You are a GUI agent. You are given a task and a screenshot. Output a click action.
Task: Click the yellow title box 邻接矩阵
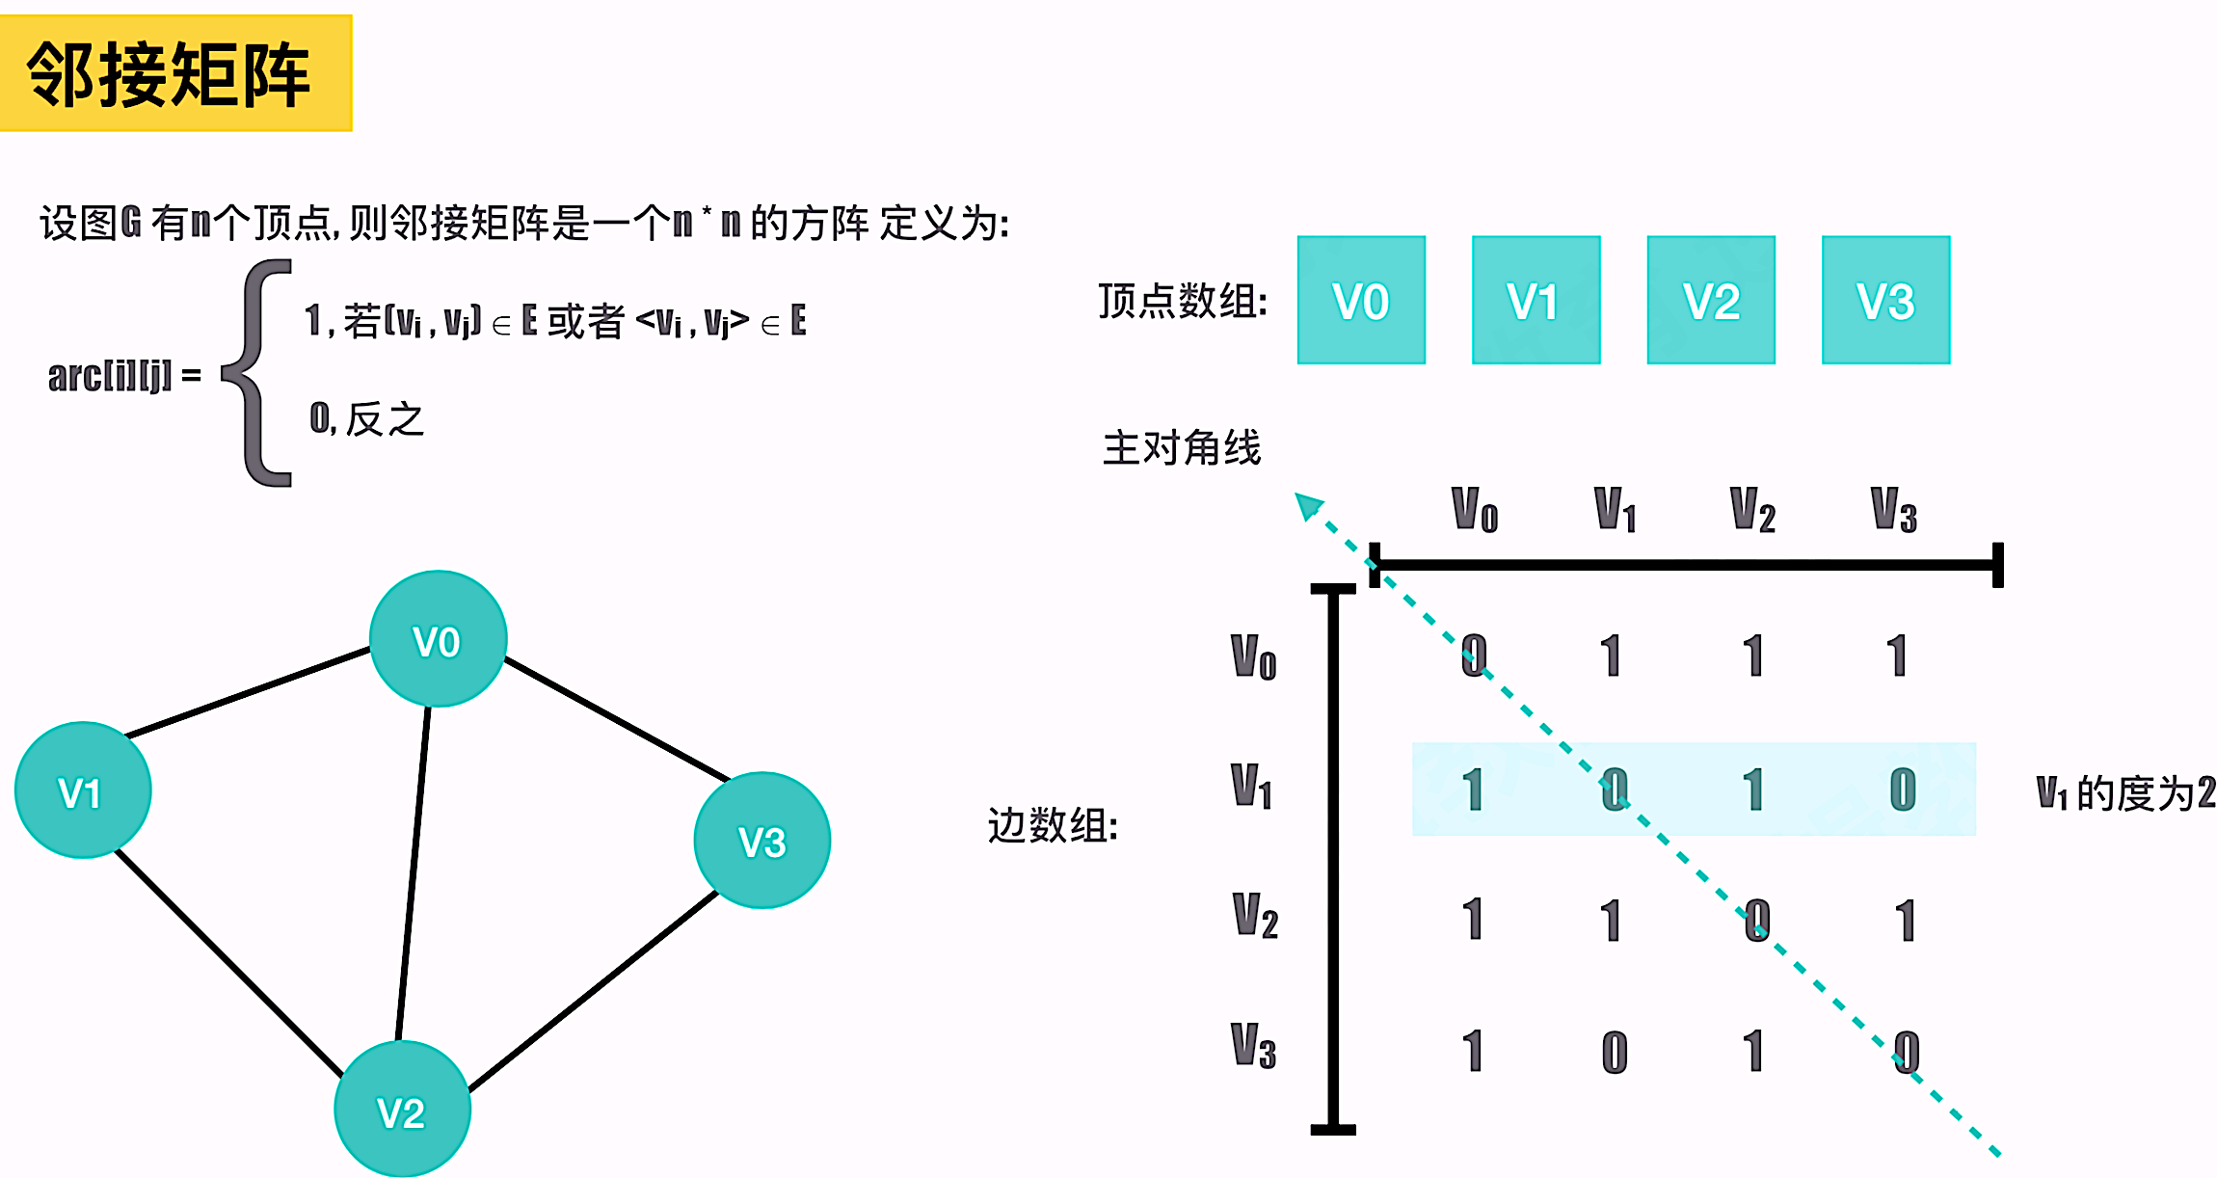[175, 73]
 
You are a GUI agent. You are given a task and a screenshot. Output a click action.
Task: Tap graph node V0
[438, 639]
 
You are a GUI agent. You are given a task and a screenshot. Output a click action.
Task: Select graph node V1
[83, 790]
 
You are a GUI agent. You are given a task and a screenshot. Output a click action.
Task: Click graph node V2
[402, 1110]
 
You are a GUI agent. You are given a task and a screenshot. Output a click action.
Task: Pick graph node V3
[761, 841]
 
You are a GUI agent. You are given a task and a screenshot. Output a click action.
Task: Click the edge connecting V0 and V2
[414, 872]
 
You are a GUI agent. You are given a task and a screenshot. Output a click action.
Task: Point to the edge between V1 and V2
[229, 964]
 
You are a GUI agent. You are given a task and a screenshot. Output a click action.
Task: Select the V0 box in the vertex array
[1360, 300]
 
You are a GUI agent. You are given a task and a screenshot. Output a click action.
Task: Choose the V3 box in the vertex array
[1884, 300]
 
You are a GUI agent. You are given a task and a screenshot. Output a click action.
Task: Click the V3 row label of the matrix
[1253, 1047]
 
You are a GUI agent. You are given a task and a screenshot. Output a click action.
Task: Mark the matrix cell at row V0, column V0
[1473, 656]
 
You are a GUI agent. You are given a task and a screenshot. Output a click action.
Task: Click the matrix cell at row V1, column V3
[1902, 790]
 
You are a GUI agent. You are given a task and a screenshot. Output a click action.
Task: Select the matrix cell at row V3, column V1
[1615, 1052]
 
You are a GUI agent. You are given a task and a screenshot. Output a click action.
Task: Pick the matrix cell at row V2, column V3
[1905, 921]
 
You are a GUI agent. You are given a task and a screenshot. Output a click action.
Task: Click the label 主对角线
[1182, 448]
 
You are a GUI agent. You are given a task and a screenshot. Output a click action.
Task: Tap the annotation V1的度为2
[2124, 793]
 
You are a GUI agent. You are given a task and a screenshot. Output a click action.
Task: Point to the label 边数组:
[1053, 826]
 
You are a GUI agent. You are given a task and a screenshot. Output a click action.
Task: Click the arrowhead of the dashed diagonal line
[1308, 504]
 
